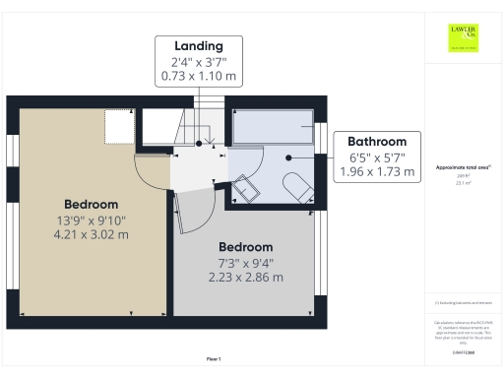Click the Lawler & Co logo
[464, 36]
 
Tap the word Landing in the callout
[199, 46]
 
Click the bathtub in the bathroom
[272, 126]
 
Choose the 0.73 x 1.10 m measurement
[199, 77]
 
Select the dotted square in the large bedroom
[119, 126]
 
